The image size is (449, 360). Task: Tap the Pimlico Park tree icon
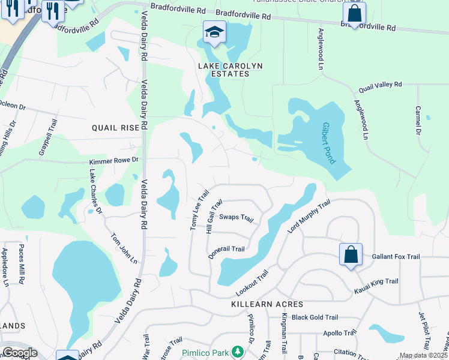tap(238, 351)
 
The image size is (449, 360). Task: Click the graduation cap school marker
tap(214, 32)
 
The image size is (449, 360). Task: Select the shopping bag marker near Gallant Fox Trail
tap(351, 254)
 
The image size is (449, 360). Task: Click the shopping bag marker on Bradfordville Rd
tap(354, 14)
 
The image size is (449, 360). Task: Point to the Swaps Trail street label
tap(237, 217)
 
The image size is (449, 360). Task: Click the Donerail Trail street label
tap(226, 248)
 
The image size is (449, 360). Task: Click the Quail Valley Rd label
tap(380, 86)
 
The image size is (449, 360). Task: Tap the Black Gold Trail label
tap(315, 317)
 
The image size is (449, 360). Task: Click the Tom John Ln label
tap(124, 248)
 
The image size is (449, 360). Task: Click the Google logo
tap(20, 353)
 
